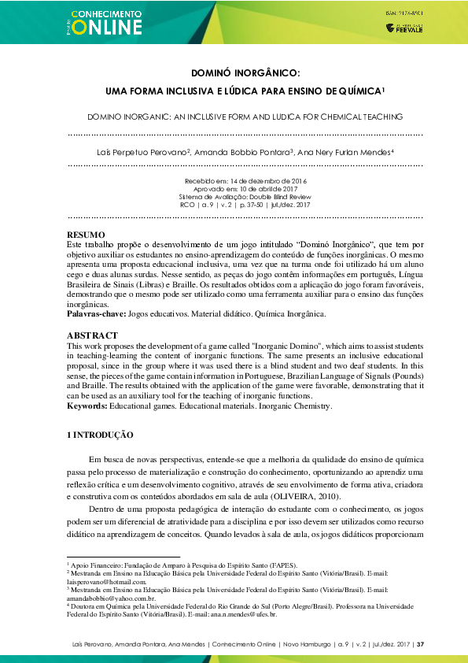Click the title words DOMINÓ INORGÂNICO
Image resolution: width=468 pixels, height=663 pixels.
[234, 72]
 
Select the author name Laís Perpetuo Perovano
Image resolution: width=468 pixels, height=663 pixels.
[149, 151]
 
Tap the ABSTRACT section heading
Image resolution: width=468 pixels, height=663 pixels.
[93, 335]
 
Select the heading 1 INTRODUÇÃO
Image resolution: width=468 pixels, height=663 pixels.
[100, 435]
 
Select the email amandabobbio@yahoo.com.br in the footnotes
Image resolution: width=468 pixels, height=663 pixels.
[105, 598]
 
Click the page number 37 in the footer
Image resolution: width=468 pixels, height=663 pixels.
[421, 645]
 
